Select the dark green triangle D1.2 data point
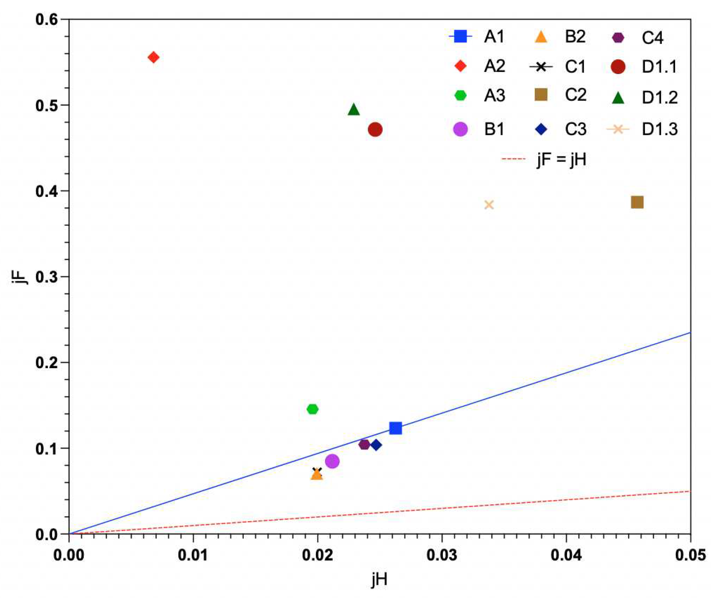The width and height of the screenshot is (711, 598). [354, 110]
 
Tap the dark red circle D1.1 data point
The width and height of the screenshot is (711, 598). [375, 130]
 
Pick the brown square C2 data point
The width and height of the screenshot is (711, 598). [637, 202]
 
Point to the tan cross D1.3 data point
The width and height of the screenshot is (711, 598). [489, 205]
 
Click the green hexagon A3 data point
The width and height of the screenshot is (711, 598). [313, 409]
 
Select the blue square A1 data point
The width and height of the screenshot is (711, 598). [395, 428]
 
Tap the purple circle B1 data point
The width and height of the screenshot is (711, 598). [332, 461]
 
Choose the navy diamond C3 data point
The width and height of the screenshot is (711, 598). [376, 445]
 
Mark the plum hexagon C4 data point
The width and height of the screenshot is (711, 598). [364, 445]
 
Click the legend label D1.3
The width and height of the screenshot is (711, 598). [659, 130]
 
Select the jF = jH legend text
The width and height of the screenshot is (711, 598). [562, 159]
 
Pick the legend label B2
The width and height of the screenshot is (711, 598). [575, 37]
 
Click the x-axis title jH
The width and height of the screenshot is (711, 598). [379, 580]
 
